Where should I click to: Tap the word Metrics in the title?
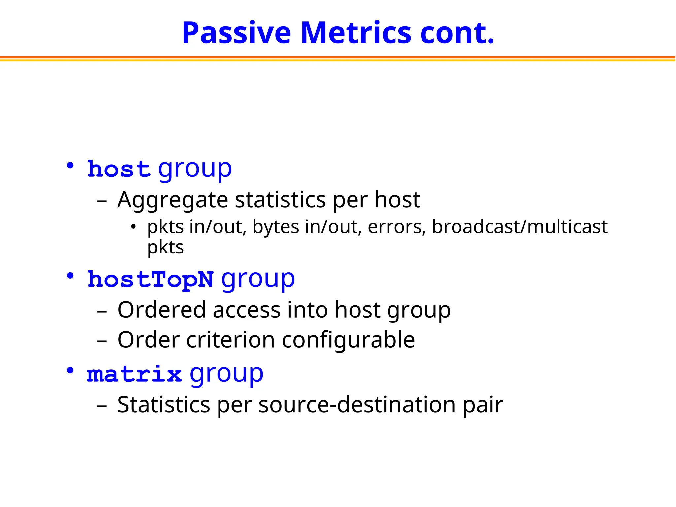pos(356,33)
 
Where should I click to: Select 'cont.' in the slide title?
pos(457,33)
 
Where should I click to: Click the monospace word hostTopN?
pos(151,279)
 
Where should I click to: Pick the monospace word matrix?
pos(134,374)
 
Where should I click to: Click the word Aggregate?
pos(173,200)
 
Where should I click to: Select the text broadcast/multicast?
pos(520,227)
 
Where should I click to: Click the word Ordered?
pos(162,310)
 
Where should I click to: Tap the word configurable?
pos(348,340)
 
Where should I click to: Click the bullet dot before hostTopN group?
pos(70,276)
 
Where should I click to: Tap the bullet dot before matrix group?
pos(70,371)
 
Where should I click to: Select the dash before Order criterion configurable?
pos(102,341)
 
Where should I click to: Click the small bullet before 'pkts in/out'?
pos(133,227)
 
